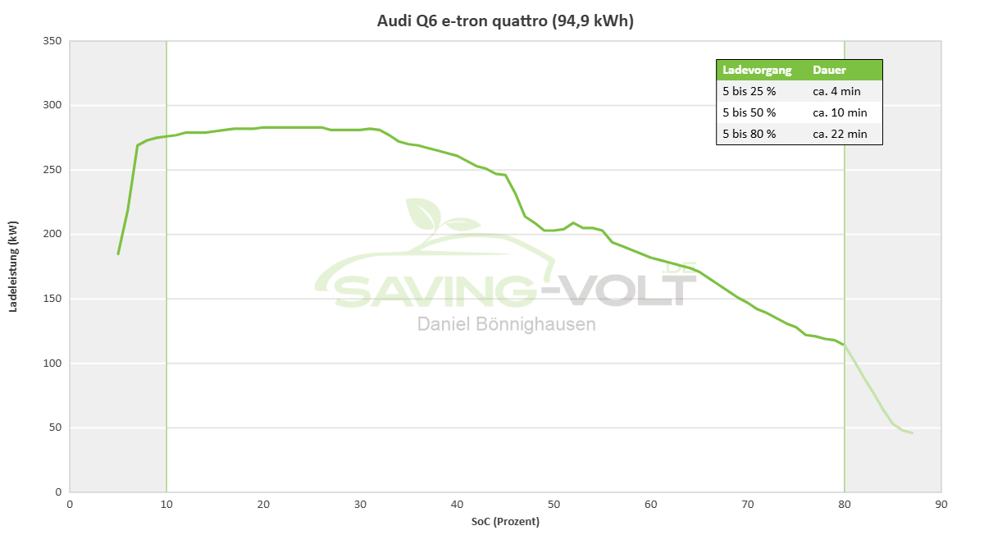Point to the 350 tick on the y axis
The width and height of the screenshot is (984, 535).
[52, 41]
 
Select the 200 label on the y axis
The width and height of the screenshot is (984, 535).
[52, 234]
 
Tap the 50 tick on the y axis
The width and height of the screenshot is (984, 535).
[56, 428]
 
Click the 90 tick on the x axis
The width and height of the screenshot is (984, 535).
[941, 504]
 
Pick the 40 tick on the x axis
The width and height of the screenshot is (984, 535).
[457, 504]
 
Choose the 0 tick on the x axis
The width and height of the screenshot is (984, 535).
[70, 504]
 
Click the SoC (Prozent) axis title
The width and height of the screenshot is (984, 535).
[505, 522]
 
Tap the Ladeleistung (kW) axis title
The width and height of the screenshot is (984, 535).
[13, 267]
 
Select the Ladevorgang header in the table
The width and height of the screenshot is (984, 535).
[757, 70]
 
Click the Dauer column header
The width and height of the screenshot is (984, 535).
[829, 70]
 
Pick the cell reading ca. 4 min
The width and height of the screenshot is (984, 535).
[836, 91]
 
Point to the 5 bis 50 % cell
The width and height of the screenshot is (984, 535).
[749, 112]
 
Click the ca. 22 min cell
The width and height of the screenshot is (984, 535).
[840, 134]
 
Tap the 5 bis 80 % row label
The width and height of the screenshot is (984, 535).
[749, 134]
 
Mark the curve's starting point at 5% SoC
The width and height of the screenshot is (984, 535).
[118, 254]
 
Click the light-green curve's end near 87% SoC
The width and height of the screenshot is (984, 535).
[912, 433]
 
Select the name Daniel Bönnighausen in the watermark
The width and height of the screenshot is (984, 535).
[507, 324]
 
